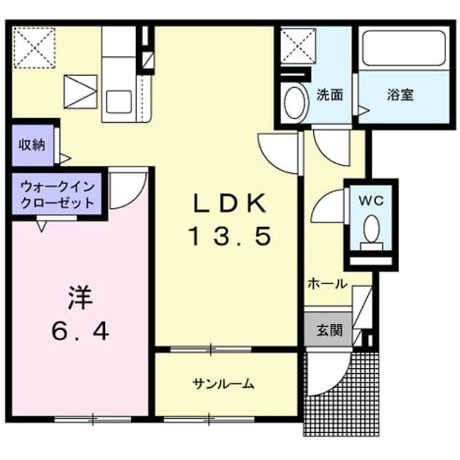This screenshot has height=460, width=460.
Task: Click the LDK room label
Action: pos(230,203)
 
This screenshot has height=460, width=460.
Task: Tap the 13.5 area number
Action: pos(231,237)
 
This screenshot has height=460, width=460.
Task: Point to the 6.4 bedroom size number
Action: pos(80,331)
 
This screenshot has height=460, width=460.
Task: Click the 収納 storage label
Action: pos(32,145)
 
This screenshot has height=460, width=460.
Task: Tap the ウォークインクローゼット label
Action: pos(58,194)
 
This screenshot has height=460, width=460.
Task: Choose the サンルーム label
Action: pos(223,384)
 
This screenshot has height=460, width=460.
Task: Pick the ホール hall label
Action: pos(328,284)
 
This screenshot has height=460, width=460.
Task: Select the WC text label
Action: pos(372,201)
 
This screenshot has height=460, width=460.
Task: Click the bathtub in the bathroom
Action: pos(404,47)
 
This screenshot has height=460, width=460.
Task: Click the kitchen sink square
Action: pos(119,101)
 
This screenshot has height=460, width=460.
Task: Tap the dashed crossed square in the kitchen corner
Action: pos(34,47)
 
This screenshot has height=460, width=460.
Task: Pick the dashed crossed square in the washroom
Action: pos(298,46)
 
